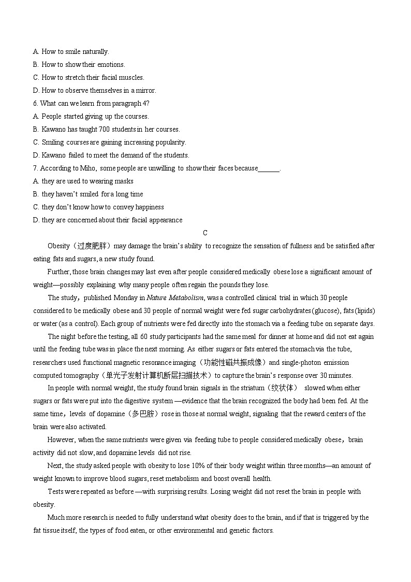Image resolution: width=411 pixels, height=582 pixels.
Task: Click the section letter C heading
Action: click(205, 233)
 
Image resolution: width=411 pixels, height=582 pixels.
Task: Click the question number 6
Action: click(35, 103)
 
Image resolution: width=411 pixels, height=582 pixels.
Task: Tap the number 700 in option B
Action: click(101, 129)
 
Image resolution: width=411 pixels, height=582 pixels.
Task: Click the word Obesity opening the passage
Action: click(58, 246)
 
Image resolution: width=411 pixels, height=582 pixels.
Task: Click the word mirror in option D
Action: click(144, 90)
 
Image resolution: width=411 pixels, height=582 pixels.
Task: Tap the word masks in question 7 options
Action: click(125, 181)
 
